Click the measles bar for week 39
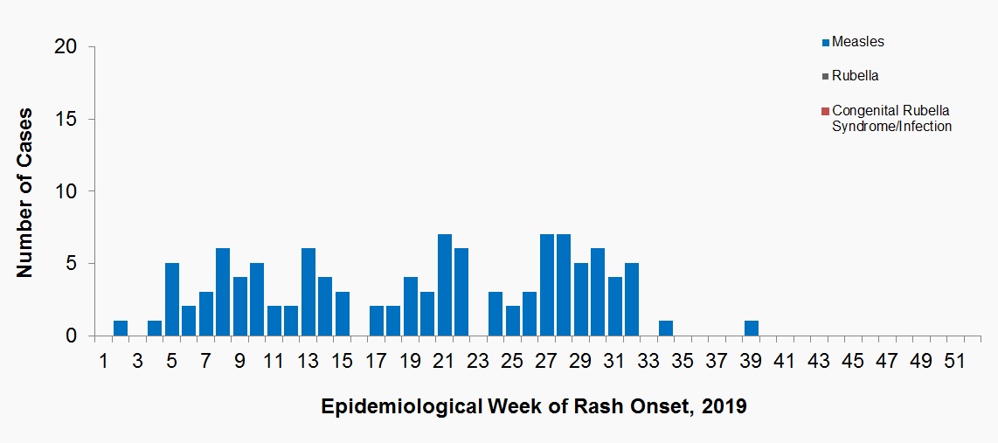pos(752,329)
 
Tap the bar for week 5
pos(172,300)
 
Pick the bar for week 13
pos(308,292)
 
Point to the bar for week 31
pos(615,307)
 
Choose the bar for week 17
pos(377,322)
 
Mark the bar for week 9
pos(240,307)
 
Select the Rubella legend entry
pos(855,76)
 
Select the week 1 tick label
pos(104,361)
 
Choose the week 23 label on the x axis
pos(478,361)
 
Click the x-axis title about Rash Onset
pos(534,407)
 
